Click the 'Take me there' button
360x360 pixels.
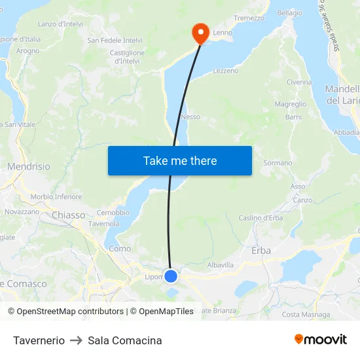click(180, 160)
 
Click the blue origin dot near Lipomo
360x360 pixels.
click(171, 276)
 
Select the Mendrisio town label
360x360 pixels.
click(29, 167)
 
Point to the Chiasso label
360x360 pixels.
click(68, 215)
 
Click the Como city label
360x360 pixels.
click(120, 249)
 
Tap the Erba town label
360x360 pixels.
click(261, 250)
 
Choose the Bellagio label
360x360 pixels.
click(290, 13)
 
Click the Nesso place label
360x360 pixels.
click(190, 117)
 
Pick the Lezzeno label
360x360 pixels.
click(226, 71)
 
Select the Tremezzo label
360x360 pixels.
click(249, 18)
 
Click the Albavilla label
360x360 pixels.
click(220, 265)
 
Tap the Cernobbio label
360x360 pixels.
click(113, 213)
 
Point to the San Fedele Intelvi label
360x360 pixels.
click(115, 40)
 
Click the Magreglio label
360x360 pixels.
click(291, 104)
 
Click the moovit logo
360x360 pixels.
click(320, 339)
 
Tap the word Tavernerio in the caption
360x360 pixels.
click(39, 340)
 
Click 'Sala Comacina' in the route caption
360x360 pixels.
click(125, 340)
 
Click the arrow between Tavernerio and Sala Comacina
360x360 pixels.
click(76, 340)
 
